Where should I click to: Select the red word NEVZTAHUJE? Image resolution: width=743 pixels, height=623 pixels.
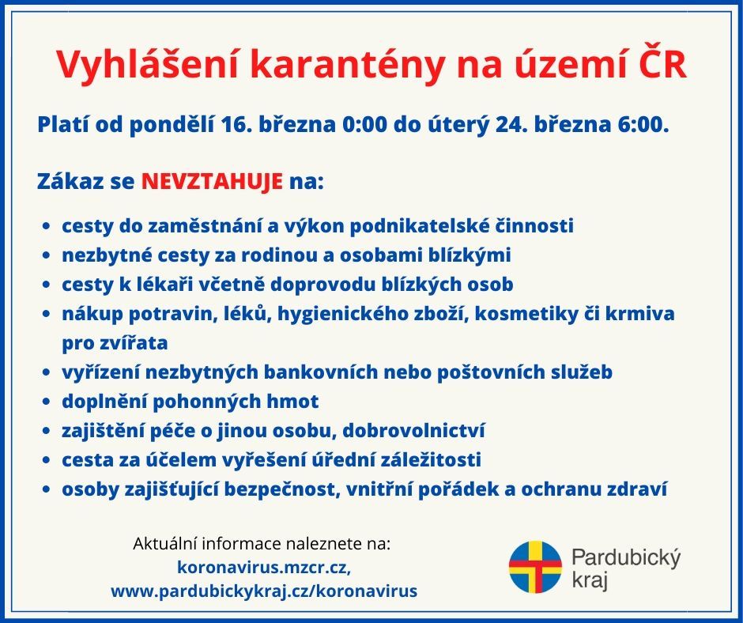212,181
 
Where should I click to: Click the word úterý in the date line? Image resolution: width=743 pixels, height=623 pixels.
458,126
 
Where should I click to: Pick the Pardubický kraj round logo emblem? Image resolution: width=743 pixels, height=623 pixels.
535,567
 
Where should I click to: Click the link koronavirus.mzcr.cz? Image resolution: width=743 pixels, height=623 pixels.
264,567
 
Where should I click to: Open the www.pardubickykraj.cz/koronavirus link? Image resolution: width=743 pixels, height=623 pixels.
264,591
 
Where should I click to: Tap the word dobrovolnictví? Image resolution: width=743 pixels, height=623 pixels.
413,430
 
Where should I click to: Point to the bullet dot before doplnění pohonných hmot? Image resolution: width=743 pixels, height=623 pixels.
46,402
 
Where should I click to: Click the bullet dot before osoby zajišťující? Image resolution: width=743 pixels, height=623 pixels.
46,489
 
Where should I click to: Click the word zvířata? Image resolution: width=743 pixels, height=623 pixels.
134,343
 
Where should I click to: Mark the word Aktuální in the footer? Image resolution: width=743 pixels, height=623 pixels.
165,543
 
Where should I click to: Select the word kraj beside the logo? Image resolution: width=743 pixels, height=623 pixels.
590,580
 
